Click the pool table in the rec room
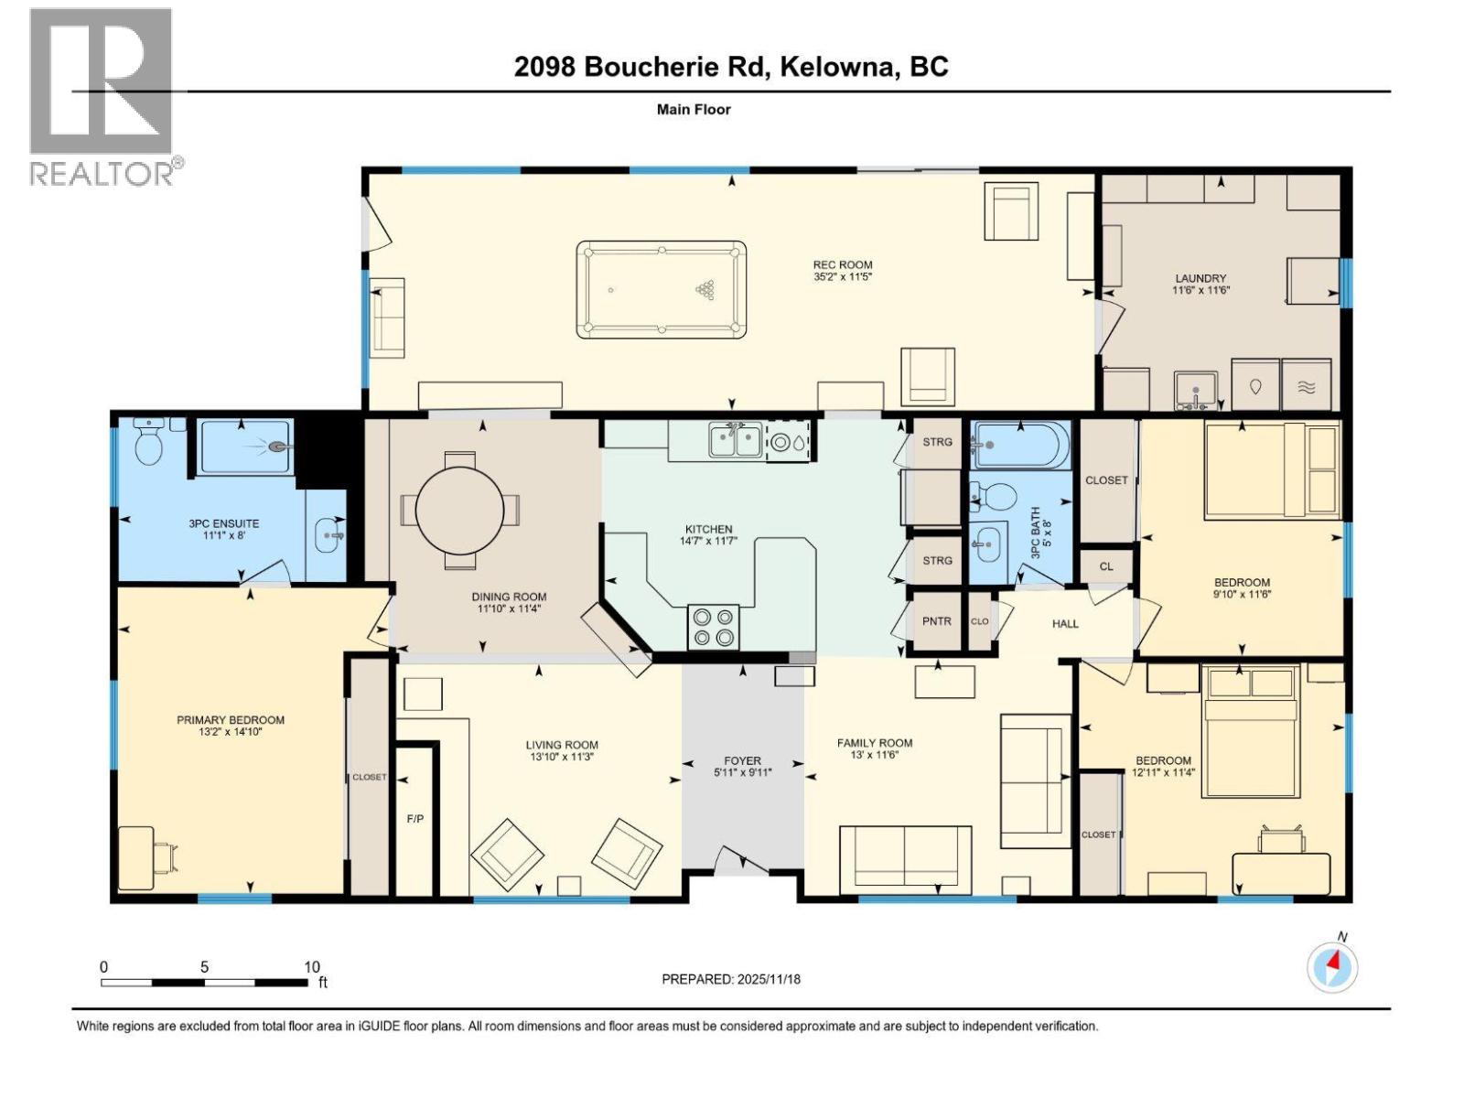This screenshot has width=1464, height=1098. [x=661, y=289]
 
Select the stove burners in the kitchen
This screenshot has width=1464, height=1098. [x=713, y=627]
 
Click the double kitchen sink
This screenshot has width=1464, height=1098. [x=735, y=440]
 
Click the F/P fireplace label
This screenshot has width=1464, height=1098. [x=414, y=818]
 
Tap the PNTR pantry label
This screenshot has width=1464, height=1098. [x=936, y=621]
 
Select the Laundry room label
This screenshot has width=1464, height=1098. [x=1200, y=278]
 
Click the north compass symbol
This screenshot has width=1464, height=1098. [x=1332, y=966]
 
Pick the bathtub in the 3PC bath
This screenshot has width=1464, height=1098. [x=1018, y=445]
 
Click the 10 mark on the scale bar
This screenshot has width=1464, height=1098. [x=311, y=967]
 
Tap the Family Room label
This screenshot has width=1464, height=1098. [x=875, y=743]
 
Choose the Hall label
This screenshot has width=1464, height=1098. [x=1065, y=623]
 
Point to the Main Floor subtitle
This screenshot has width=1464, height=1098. [x=694, y=109]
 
